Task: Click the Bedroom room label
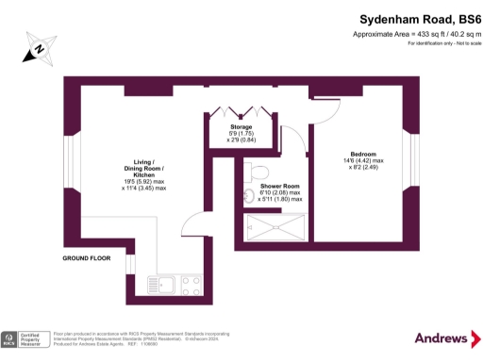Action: [x=362, y=154]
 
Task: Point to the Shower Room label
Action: [x=280, y=186]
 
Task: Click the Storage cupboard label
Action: [x=241, y=126]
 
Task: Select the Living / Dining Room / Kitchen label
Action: [x=143, y=169]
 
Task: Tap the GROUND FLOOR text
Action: [x=87, y=257]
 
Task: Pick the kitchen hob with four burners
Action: [x=192, y=283]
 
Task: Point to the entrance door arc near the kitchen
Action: [x=192, y=222]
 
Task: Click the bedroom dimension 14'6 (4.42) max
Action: [x=362, y=160]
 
